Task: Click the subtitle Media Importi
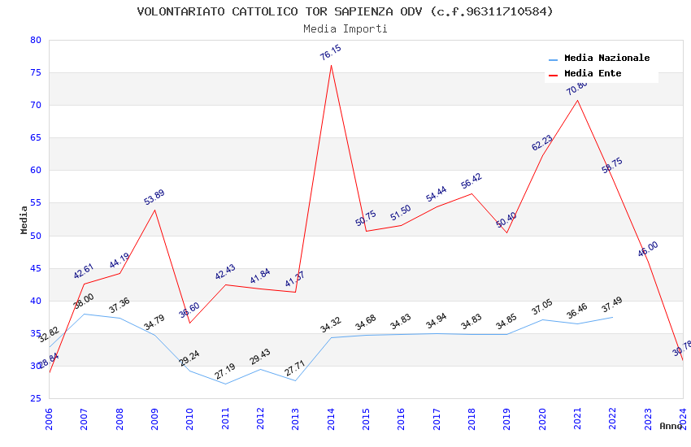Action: tap(345, 28)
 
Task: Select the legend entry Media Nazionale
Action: tap(606, 59)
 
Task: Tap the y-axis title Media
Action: tap(24, 219)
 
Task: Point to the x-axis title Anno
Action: tap(671, 426)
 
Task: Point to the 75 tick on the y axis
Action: tap(35, 72)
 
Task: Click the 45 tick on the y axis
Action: tap(35, 268)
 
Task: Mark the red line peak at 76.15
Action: tap(331, 65)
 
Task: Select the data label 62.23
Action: tap(541, 143)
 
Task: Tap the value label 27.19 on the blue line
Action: tap(224, 371)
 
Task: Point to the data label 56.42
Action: tap(472, 181)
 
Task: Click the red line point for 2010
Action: tap(189, 323)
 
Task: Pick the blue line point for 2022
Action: tap(612, 317)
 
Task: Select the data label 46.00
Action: tap(648, 250)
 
